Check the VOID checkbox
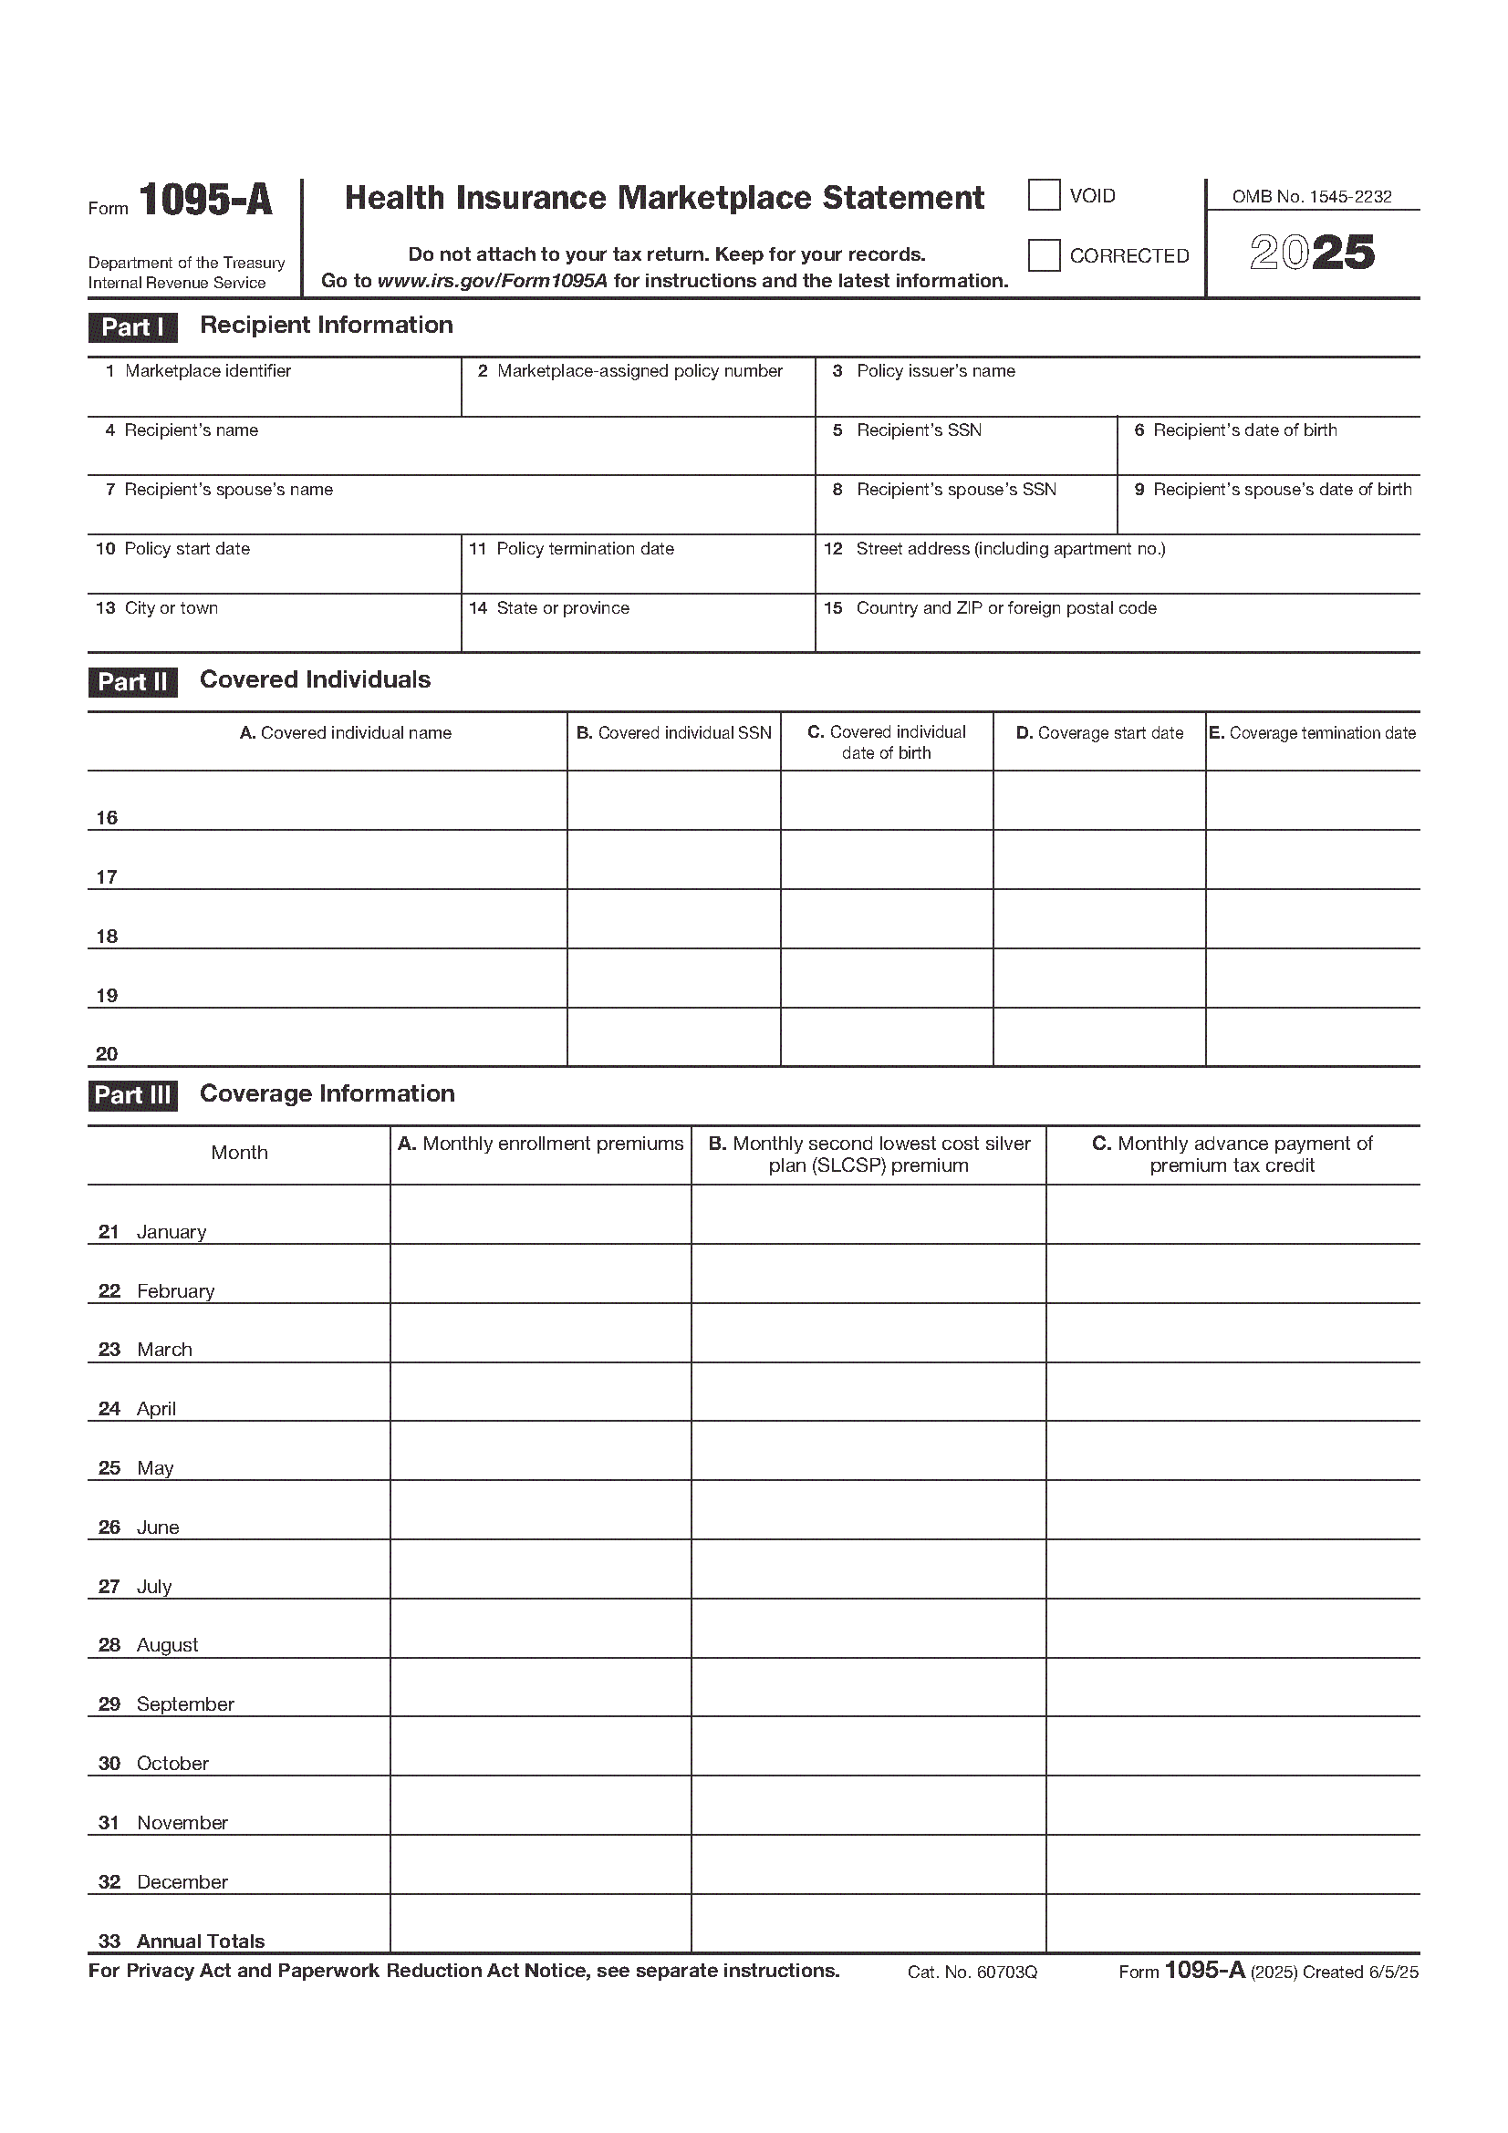[1044, 196]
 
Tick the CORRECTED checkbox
[1044, 255]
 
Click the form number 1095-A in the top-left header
[205, 200]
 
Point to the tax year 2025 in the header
[1312, 253]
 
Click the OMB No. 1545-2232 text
[1312, 197]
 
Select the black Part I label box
[132, 327]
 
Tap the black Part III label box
[133, 1095]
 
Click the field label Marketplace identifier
[207, 371]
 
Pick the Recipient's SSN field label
[918, 431]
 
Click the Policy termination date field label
[585, 549]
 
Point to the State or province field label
[562, 608]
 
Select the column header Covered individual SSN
[673, 733]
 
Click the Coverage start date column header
[1099, 733]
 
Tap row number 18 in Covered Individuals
[107, 937]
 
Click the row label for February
[174, 1291]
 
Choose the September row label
[185, 1703]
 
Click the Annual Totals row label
[200, 1941]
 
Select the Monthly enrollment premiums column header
[541, 1144]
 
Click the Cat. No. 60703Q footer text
[972, 1972]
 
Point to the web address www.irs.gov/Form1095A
[493, 281]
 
